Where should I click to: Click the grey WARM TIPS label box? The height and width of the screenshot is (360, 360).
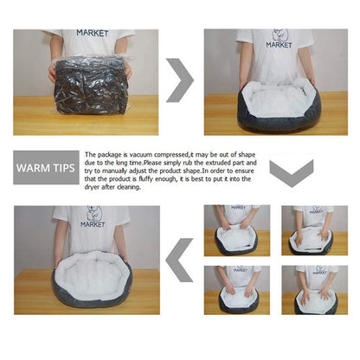click(46, 166)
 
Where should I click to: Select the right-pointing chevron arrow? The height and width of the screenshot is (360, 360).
click(180, 80)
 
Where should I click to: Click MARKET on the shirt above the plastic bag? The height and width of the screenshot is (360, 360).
click(93, 33)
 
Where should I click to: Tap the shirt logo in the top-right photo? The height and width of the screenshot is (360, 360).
click(277, 40)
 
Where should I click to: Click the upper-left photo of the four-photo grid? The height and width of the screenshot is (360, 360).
click(236, 231)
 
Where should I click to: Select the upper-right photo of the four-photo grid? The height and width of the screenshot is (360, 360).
click(312, 231)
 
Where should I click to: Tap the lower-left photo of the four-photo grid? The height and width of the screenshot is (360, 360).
click(236, 290)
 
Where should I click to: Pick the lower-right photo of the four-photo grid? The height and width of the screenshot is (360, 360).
click(312, 290)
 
